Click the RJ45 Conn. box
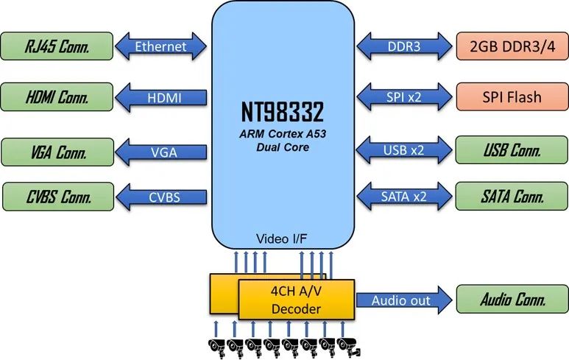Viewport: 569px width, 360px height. (57, 47)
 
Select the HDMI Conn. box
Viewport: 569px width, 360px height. (57, 96)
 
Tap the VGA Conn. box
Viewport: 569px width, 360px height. (57, 152)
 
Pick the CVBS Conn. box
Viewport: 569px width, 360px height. (57, 197)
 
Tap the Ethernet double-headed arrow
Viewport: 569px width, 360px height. (160, 47)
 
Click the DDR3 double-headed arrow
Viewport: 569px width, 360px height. (404, 47)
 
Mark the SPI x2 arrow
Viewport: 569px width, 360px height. (404, 96)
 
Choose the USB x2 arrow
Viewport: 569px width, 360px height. (404, 150)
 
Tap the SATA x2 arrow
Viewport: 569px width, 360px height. (404, 197)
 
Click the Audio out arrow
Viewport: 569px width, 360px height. (404, 300)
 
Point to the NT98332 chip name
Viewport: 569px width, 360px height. (282, 112)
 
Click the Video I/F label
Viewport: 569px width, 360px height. (282, 239)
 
